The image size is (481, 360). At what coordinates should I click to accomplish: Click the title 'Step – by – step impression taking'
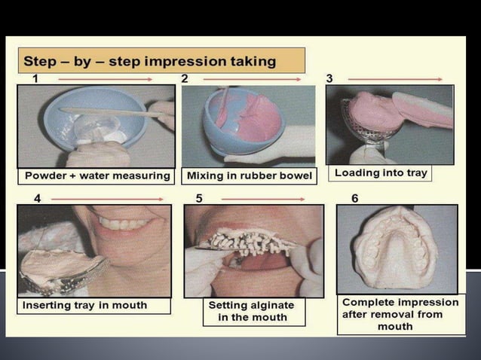(150, 60)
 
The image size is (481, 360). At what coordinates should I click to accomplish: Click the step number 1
(35, 78)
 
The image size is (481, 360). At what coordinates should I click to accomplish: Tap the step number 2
(184, 78)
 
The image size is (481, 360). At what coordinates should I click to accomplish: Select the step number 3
(329, 78)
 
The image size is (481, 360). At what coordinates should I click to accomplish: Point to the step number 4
(37, 199)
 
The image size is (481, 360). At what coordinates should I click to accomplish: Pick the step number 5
(199, 199)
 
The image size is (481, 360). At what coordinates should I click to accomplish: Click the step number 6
(354, 199)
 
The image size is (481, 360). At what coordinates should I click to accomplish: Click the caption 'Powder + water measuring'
(97, 176)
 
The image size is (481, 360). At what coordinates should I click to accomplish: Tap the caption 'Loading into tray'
(381, 173)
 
